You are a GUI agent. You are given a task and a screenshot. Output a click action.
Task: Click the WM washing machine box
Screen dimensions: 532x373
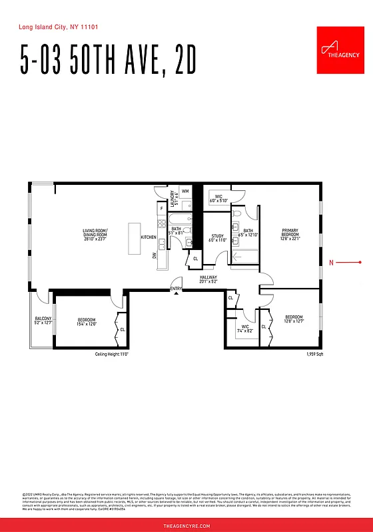[x=185, y=192]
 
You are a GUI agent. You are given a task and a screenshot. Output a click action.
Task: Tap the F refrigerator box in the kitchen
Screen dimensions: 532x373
[x=161, y=209]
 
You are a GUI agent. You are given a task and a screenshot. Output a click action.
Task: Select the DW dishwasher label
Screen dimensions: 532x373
[x=154, y=255]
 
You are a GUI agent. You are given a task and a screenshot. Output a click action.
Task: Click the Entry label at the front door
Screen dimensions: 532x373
[x=176, y=289]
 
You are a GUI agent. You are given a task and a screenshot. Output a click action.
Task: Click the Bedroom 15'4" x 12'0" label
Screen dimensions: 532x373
[x=87, y=322]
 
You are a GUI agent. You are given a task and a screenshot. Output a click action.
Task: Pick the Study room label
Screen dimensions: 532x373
[x=217, y=237]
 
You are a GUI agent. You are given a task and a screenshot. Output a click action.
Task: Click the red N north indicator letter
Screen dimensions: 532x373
[x=331, y=263]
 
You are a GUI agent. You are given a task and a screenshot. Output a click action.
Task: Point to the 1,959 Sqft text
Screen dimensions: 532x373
[x=314, y=355]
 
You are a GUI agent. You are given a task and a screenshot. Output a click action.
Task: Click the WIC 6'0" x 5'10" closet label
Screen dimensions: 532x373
[x=218, y=198]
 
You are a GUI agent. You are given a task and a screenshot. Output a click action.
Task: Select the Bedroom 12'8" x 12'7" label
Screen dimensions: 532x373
[x=294, y=319]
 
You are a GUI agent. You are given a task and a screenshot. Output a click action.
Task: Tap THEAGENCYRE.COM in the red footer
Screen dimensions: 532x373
[x=186, y=525]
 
